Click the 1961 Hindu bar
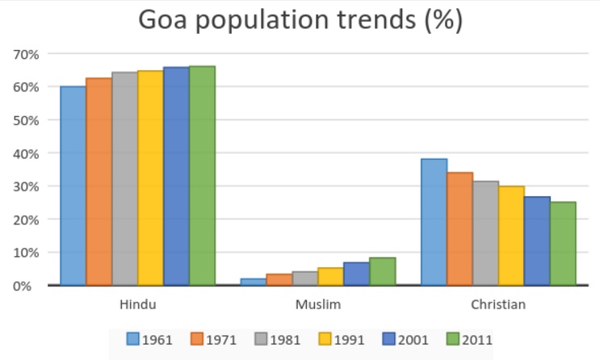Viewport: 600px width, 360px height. click(73, 186)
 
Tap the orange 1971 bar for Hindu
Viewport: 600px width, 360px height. click(99, 182)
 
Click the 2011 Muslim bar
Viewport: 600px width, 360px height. click(382, 271)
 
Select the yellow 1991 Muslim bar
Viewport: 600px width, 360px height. click(330, 276)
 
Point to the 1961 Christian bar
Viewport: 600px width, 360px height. click(434, 222)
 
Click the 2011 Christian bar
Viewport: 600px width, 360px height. click(563, 243)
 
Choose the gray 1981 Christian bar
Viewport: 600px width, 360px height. click(485, 233)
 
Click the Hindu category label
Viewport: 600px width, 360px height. click(137, 305)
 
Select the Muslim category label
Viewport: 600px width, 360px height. click(317, 305)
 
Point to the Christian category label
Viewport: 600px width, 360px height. click(498, 305)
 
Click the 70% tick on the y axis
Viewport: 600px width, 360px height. click(26, 54)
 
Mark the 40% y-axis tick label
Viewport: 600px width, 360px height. click(26, 153)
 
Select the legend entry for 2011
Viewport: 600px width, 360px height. click(468, 340)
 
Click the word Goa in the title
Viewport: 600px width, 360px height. click(170, 21)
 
